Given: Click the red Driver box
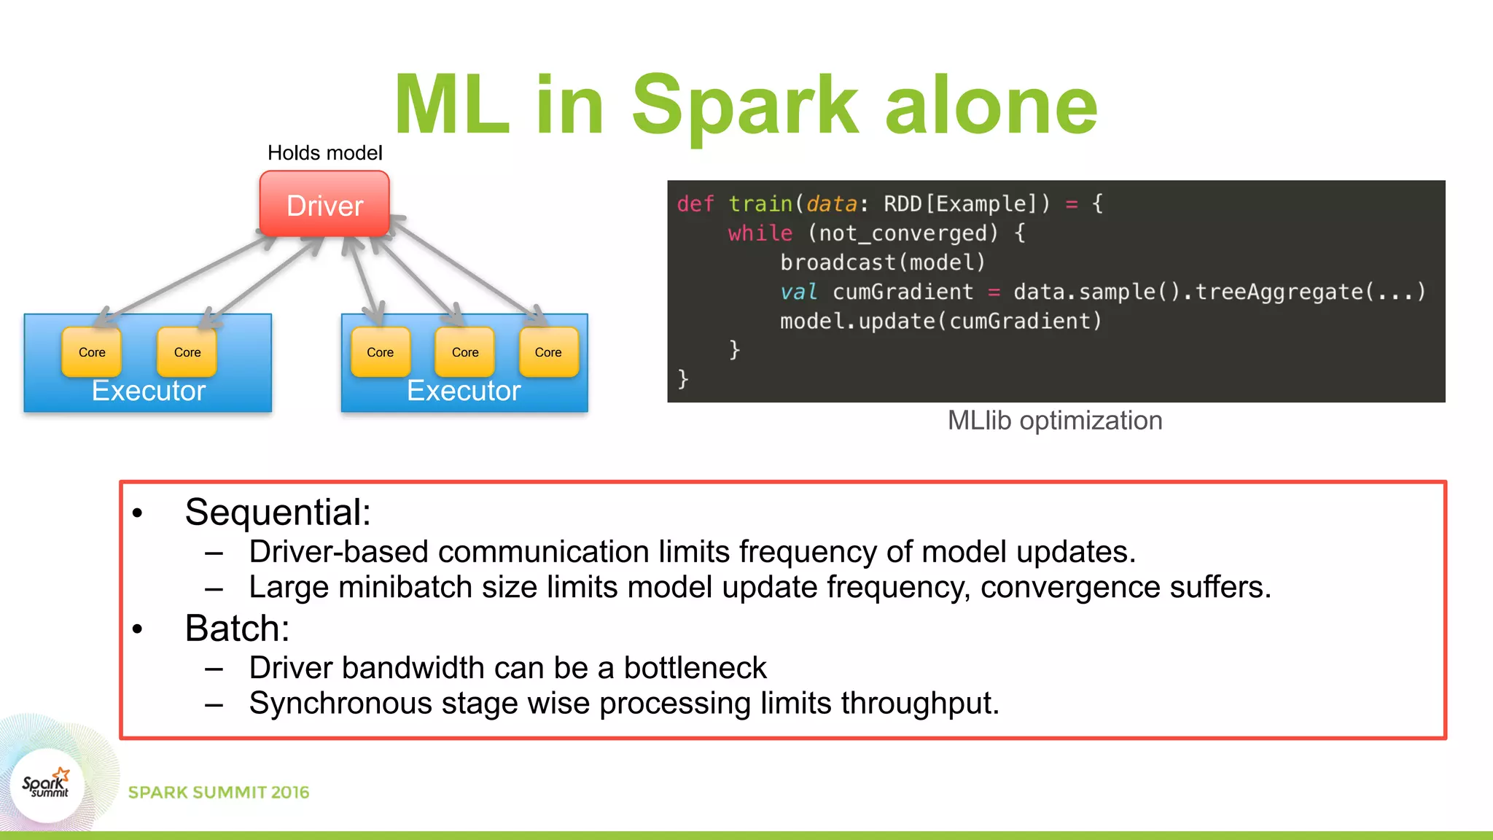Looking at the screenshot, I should click(x=324, y=204).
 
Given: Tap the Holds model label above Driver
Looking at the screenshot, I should click(x=324, y=153).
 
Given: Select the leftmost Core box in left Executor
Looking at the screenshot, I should click(x=92, y=352).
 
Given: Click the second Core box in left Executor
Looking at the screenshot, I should click(x=187, y=352).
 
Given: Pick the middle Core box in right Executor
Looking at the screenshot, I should click(x=465, y=352).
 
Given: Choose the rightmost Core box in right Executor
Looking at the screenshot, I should click(x=548, y=352).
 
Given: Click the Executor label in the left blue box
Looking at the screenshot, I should click(x=149, y=391).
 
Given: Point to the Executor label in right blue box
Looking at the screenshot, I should click(x=464, y=391).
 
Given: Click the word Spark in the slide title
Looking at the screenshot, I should click(x=745, y=106).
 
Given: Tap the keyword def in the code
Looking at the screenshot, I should click(x=695, y=203).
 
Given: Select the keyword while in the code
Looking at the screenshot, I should click(x=760, y=233).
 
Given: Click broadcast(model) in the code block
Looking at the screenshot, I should click(x=882, y=262).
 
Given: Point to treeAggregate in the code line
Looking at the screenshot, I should click(x=1279, y=292).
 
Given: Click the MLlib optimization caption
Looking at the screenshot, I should click(x=1054, y=421).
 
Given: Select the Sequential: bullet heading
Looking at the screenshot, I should click(x=278, y=512).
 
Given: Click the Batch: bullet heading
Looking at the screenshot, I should click(x=237, y=629).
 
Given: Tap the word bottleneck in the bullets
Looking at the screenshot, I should click(x=695, y=668).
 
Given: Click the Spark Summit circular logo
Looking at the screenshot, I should click(x=47, y=786).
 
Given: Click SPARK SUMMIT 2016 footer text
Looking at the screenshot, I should click(x=219, y=793).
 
